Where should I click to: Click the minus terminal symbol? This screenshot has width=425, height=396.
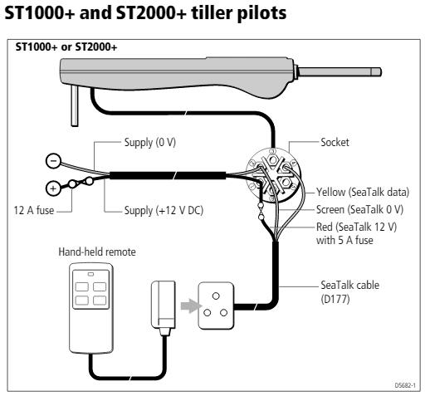[x=53, y=161]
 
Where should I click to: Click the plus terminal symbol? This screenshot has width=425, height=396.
[x=53, y=188]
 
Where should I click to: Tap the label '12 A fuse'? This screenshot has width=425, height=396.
[x=34, y=210]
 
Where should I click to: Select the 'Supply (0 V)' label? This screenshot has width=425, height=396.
[x=150, y=142]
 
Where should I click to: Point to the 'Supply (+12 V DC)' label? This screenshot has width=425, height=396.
[x=164, y=211]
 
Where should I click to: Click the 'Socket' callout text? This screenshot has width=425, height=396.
[x=335, y=142]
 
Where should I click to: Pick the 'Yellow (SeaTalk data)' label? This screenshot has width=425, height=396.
[x=363, y=192]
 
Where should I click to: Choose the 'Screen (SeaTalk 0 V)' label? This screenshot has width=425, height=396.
[x=359, y=209]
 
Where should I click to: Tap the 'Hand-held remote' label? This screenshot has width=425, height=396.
[x=97, y=252]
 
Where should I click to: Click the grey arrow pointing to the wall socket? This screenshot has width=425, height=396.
[x=190, y=306]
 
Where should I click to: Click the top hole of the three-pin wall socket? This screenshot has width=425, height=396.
[x=216, y=296]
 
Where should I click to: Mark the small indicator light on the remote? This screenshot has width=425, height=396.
[x=90, y=275]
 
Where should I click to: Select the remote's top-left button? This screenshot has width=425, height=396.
[x=82, y=286]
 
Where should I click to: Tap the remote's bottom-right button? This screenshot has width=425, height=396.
[x=100, y=301]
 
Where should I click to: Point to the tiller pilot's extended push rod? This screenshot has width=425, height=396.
[x=340, y=72]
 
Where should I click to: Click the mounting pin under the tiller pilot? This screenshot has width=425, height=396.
[x=75, y=105]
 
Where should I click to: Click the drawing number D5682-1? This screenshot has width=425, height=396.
[x=405, y=385]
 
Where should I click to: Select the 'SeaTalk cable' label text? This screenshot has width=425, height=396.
[x=349, y=285]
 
